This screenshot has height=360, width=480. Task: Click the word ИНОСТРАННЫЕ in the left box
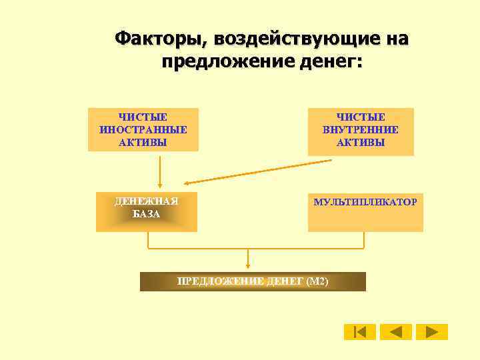pos(143,129)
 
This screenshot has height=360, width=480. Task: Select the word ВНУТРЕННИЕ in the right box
pos(361,129)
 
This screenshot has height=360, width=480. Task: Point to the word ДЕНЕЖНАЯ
pos(146,201)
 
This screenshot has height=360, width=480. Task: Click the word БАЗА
pos(146,214)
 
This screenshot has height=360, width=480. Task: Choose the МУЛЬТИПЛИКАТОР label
pos(365,201)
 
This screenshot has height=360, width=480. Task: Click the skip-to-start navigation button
pos(360,332)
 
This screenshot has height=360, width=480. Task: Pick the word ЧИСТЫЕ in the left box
pos(143,117)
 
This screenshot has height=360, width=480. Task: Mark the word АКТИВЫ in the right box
pos(361,142)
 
